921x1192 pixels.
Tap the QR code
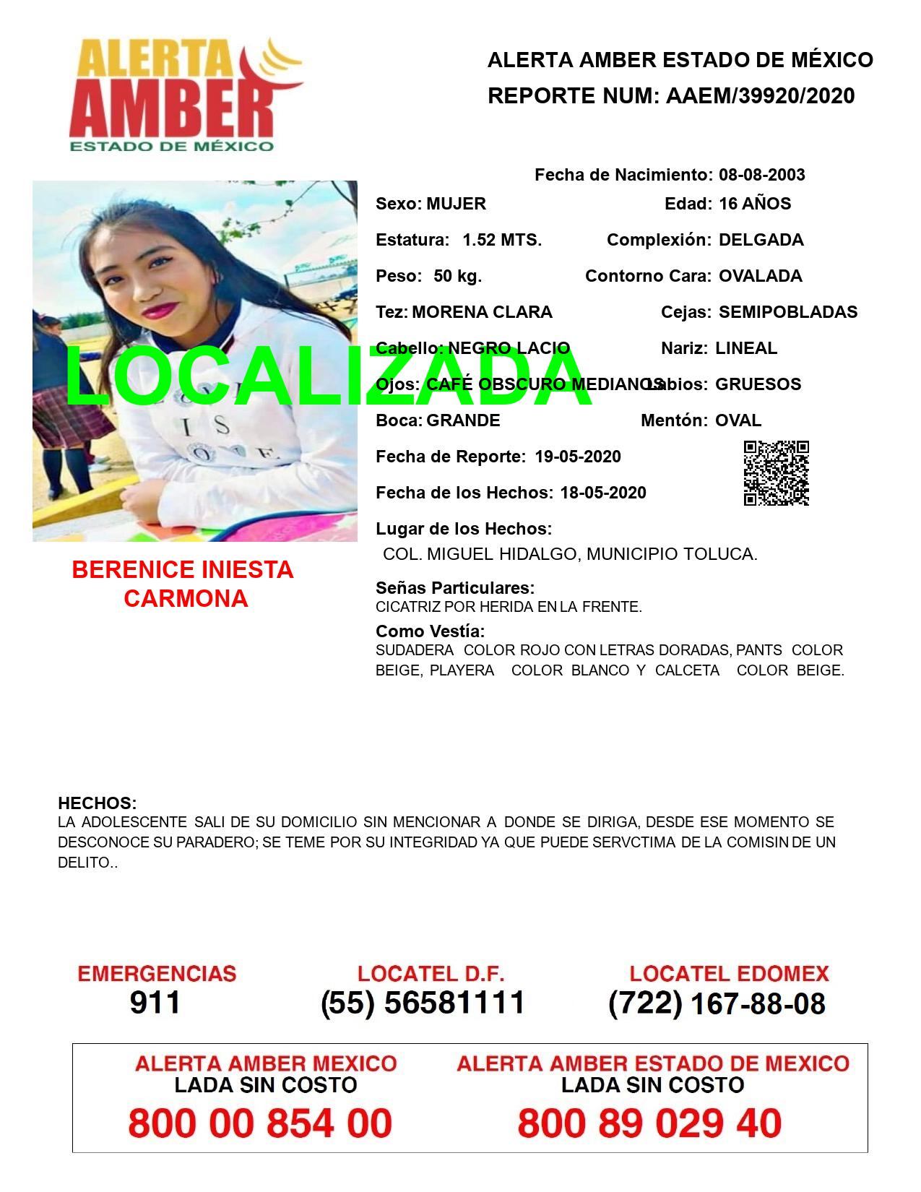(x=777, y=473)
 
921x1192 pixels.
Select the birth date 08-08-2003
(x=761, y=175)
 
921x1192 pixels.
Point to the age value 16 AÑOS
(x=754, y=204)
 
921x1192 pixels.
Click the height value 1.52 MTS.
(x=502, y=240)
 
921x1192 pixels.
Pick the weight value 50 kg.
(x=457, y=276)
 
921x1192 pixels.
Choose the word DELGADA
(x=761, y=240)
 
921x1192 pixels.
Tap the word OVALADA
(x=760, y=276)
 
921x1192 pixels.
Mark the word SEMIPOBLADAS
(x=787, y=312)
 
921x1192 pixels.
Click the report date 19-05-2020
(x=578, y=457)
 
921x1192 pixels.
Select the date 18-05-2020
(x=603, y=493)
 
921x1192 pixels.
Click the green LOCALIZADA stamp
(x=329, y=376)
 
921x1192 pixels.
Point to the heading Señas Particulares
(x=455, y=588)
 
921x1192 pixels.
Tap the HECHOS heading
(x=97, y=803)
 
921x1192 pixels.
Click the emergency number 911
(x=155, y=1003)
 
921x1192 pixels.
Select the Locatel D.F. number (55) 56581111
(x=423, y=1003)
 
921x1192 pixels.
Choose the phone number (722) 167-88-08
(x=717, y=1003)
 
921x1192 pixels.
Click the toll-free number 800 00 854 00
(x=260, y=1123)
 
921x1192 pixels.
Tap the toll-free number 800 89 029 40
(x=649, y=1123)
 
